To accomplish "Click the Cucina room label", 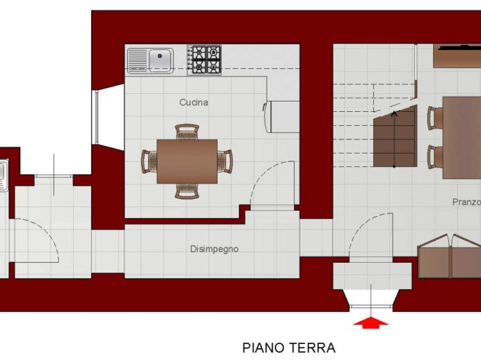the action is [x=193, y=102].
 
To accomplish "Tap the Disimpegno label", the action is [x=214, y=249].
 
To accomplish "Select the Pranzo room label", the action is [x=466, y=202].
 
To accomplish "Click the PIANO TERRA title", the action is [x=288, y=347].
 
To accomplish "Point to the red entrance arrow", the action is [x=371, y=322].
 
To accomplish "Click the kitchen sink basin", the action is [x=159, y=57].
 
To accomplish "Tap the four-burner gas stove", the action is [x=204, y=60].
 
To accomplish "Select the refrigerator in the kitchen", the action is [x=281, y=117].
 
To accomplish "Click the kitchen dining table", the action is [x=187, y=161].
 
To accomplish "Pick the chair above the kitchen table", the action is [x=187, y=132].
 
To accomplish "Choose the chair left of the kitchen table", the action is [x=149, y=161].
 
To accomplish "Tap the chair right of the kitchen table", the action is [x=225, y=161].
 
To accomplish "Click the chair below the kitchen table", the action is [x=187, y=190].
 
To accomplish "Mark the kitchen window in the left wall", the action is [x=97, y=117].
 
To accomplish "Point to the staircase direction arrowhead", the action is [x=394, y=114].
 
